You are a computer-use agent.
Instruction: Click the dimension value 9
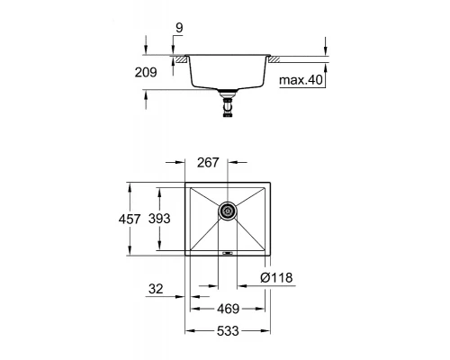[x=180, y=28]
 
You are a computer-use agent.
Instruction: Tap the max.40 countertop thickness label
[x=301, y=81]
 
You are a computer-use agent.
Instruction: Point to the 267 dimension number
[x=209, y=163]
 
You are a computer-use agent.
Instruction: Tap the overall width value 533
[x=227, y=331]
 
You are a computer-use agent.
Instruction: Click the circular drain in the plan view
[x=228, y=212]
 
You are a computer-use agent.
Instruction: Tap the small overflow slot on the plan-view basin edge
[x=228, y=254]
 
